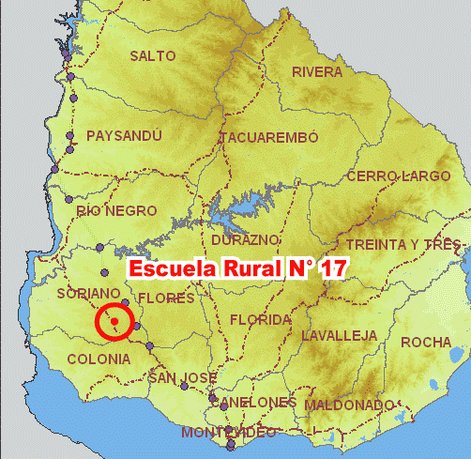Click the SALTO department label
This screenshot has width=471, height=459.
tap(153, 56)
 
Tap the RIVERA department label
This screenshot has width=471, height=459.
tap(317, 72)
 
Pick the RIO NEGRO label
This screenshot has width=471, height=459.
tap(117, 211)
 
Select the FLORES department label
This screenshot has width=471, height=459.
tap(166, 298)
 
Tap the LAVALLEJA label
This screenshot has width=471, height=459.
tap(340, 335)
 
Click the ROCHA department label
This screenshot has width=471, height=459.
tap(426, 343)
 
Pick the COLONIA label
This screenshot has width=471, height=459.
tap(99, 359)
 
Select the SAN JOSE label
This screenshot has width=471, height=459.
tap(184, 378)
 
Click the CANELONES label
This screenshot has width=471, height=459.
tap(253, 402)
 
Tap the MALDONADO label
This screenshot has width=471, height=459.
tap(349, 405)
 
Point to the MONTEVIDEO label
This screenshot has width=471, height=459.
tap(229, 433)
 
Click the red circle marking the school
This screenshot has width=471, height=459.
tap(114, 323)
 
